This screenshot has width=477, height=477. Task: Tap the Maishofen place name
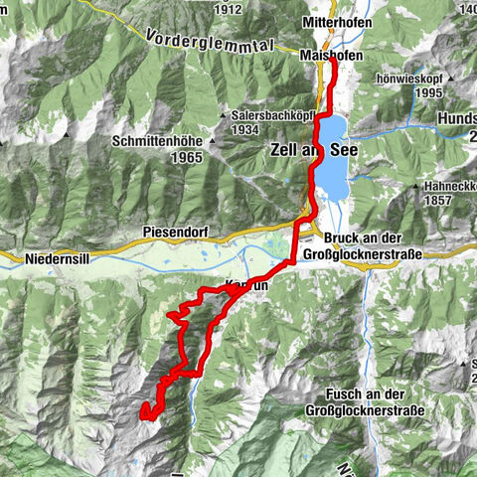(333, 56)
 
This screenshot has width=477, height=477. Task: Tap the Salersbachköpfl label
(270, 114)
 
